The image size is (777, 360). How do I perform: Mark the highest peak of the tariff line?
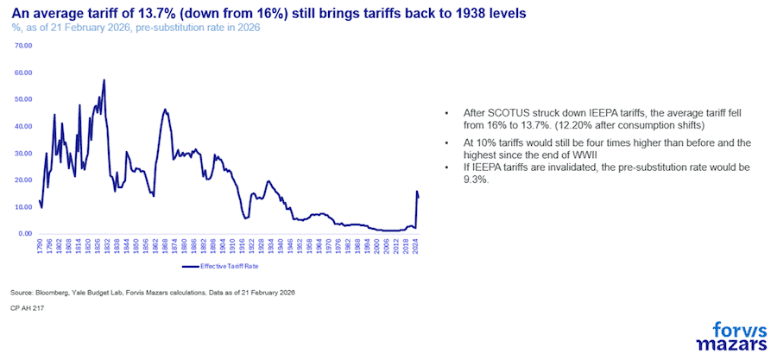(104, 80)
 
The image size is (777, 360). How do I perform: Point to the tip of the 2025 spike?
(417, 192)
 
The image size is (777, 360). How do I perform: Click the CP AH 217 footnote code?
(28, 307)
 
